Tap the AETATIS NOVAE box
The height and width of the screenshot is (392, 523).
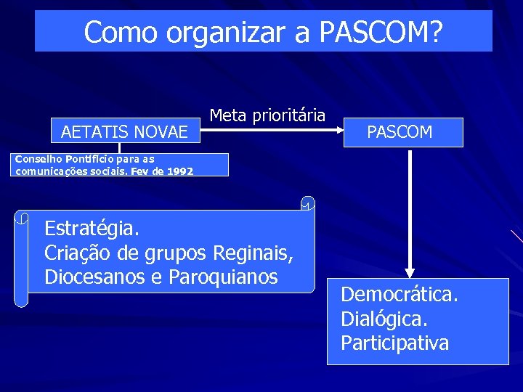click(x=124, y=131)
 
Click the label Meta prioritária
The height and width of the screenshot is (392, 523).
click(x=267, y=115)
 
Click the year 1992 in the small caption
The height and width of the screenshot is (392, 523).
click(x=179, y=171)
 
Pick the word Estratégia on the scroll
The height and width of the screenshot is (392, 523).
click(x=92, y=229)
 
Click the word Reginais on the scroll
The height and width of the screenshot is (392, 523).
click(x=253, y=253)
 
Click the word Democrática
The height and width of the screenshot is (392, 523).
click(x=399, y=295)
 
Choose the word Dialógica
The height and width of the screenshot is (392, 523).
click(x=384, y=319)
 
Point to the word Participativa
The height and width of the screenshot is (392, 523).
click(x=395, y=343)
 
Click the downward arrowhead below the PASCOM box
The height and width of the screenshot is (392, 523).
click(x=410, y=269)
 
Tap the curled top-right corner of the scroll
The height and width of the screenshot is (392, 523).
click(x=308, y=203)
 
